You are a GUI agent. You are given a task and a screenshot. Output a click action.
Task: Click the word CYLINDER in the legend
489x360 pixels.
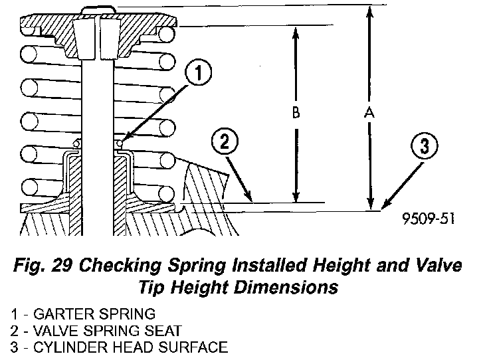[x=66, y=347]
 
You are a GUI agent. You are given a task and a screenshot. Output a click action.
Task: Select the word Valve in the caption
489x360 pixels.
[x=433, y=267]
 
